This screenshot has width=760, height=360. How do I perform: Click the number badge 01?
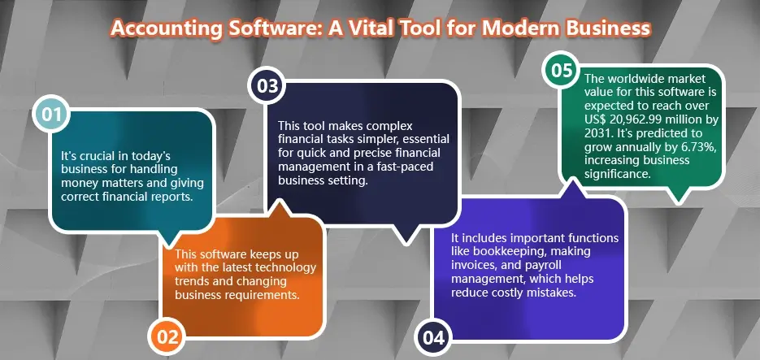point(51,115)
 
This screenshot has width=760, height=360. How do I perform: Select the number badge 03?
point(267,85)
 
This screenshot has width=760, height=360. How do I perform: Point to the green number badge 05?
point(562,71)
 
